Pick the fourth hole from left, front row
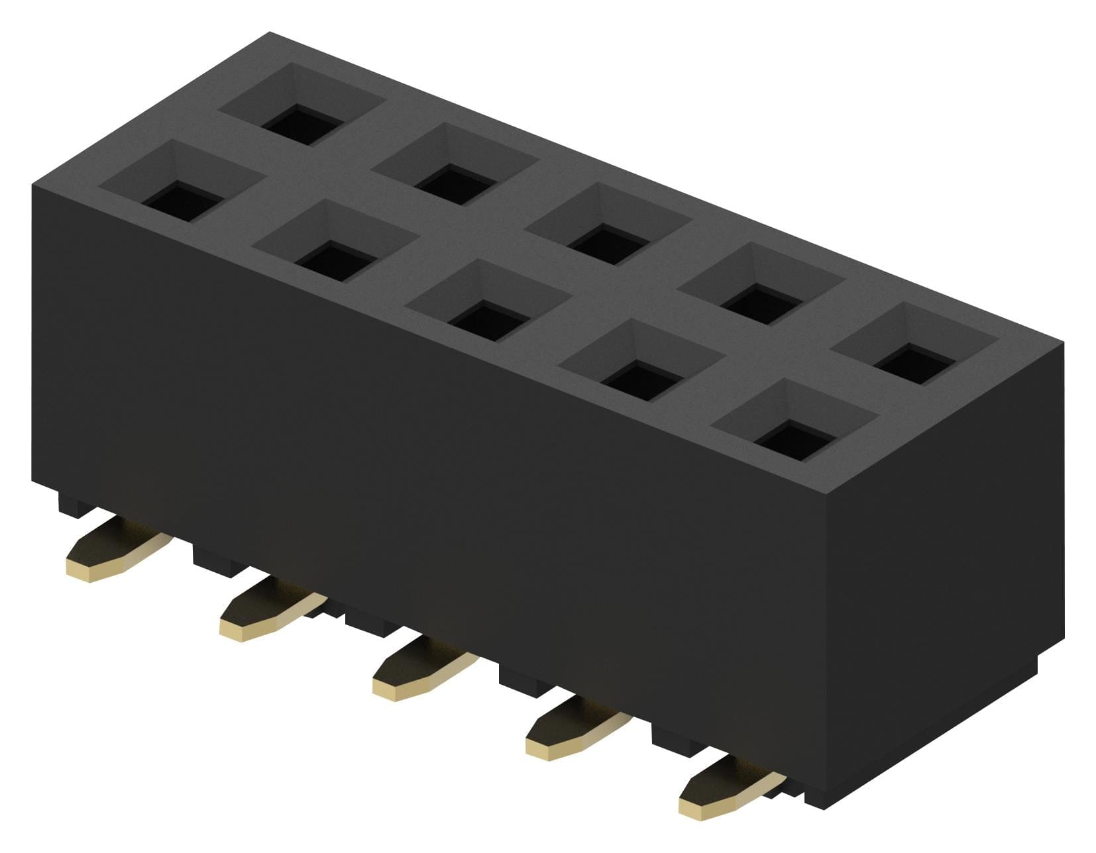[x=641, y=380]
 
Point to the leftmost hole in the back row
[x=301, y=124]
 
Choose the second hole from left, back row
[x=455, y=183]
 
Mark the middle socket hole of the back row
[x=608, y=244]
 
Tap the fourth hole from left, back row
[x=761, y=304]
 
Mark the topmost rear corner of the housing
[x=270, y=33]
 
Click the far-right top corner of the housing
[x=1062, y=343]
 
